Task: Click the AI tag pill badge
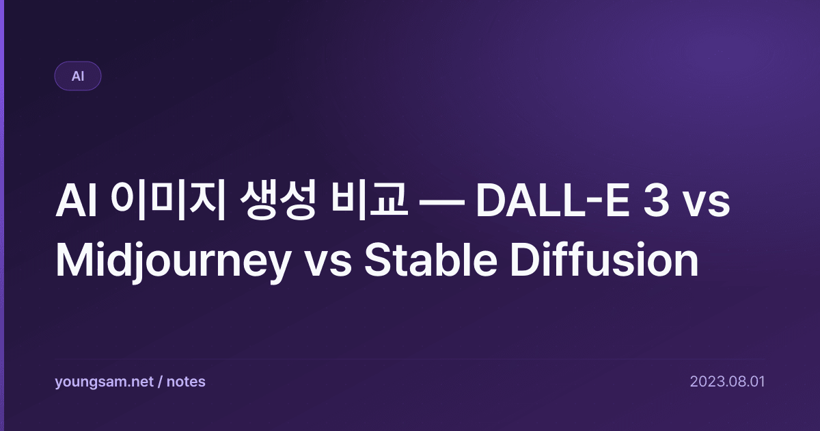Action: [x=78, y=76]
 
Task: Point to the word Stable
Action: [x=431, y=260]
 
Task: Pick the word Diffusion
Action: [x=604, y=259]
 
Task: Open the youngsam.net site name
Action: [x=105, y=382]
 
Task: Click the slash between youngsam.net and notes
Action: [x=160, y=382]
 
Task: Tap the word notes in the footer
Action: [x=186, y=382]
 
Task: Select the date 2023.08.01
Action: [x=727, y=382]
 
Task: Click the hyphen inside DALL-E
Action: [x=592, y=205]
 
